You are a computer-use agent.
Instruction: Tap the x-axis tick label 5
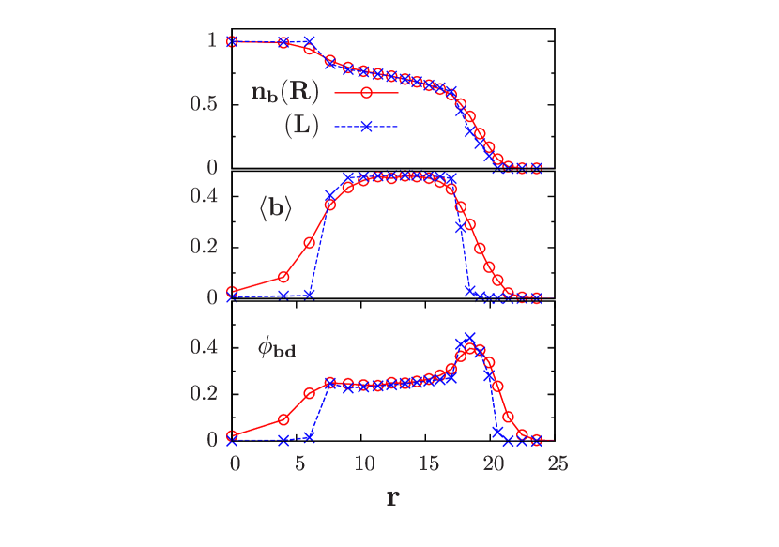point(299,463)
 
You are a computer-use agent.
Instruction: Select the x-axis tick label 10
point(364,463)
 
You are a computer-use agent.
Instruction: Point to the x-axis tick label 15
point(429,463)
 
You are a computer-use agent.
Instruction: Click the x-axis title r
point(392,496)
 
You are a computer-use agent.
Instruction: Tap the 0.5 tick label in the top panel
point(204,103)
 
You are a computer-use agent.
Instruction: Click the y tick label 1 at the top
point(212,40)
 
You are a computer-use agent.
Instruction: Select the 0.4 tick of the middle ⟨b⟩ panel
point(204,195)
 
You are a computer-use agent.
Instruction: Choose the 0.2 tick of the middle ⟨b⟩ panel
point(204,246)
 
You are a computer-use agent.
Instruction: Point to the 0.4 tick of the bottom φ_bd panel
point(204,346)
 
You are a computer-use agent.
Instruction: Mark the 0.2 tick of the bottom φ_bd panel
point(204,392)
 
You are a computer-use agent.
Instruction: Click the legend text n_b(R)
point(285,92)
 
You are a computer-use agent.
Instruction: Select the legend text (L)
point(301,128)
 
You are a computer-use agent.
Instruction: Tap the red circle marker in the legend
point(366,92)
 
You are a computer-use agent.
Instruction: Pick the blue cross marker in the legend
point(366,128)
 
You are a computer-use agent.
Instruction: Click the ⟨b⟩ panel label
point(275,209)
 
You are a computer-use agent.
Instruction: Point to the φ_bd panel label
point(277,349)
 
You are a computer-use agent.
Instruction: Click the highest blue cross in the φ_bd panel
point(469,337)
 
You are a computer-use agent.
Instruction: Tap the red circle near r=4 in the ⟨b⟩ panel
point(283,277)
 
